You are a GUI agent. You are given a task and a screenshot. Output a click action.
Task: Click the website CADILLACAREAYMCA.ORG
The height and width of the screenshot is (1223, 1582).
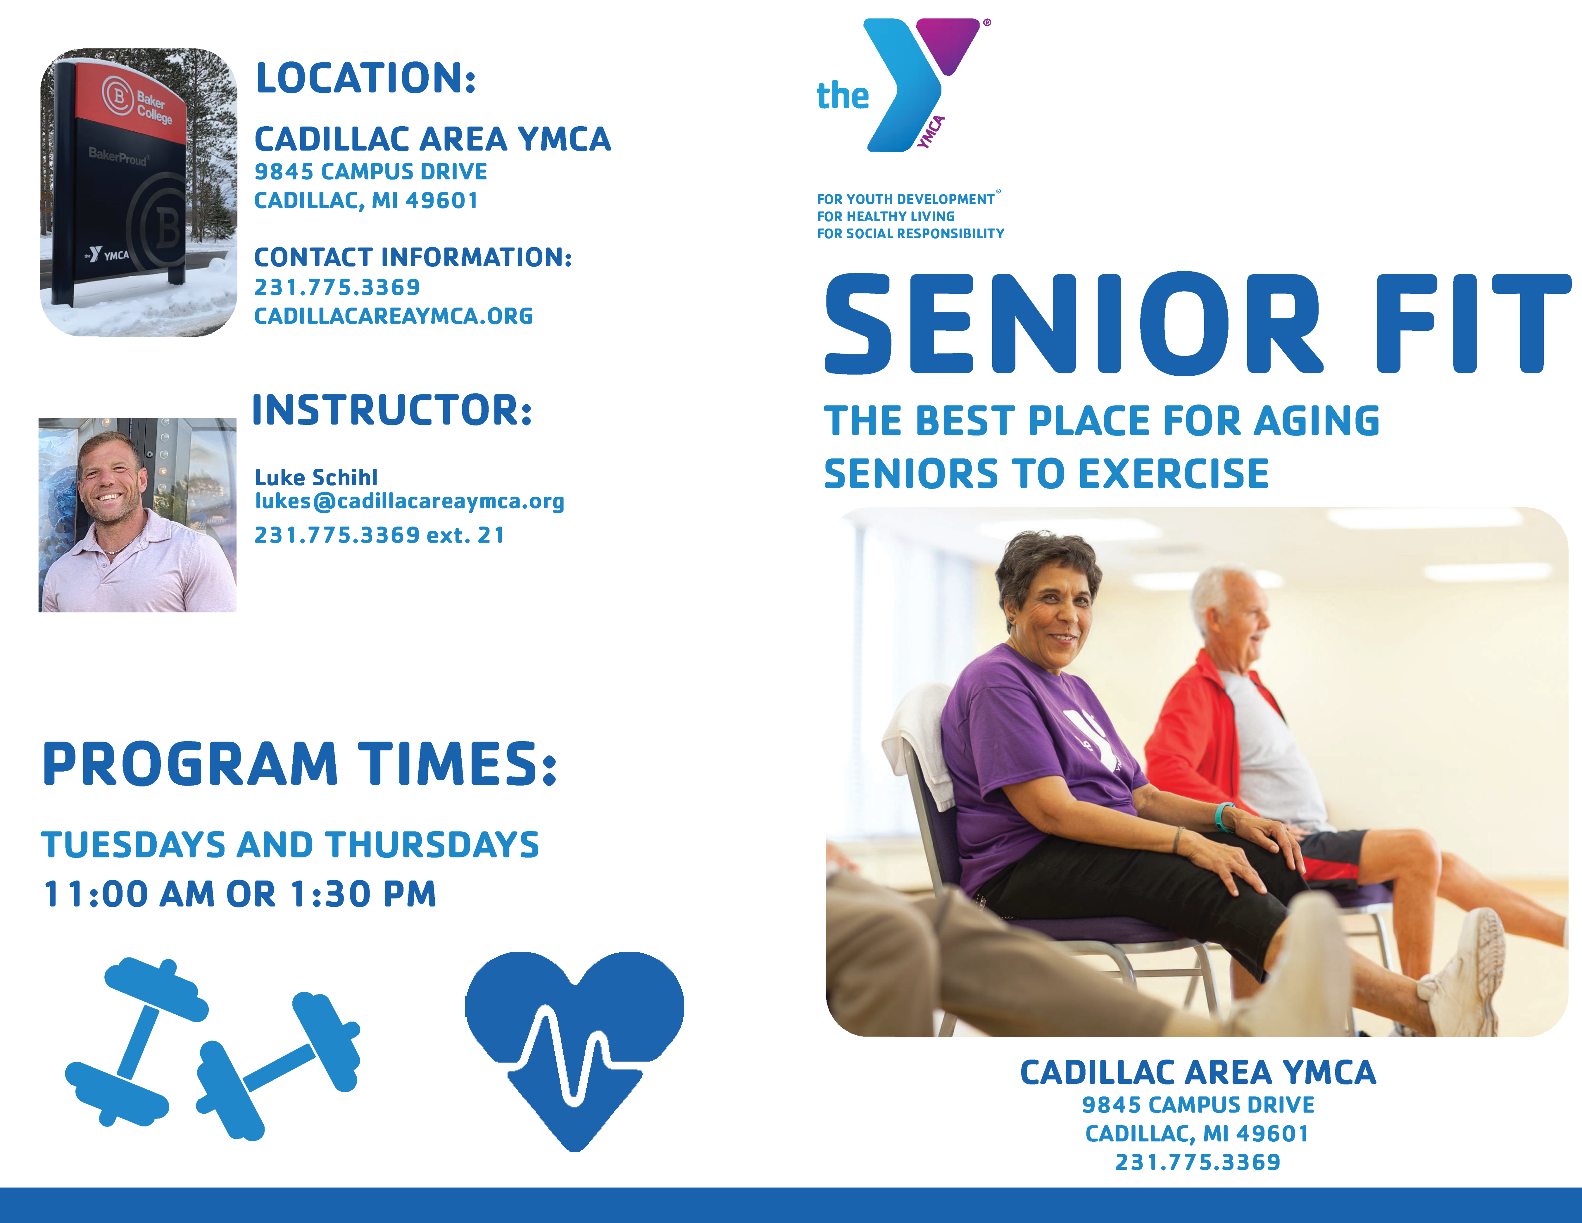point(393,316)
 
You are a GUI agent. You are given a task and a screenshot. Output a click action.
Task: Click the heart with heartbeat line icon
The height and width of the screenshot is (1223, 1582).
point(574,1051)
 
